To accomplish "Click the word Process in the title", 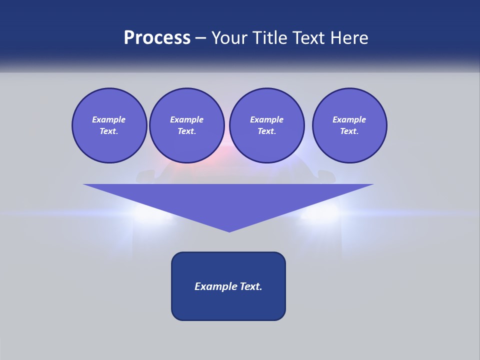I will [x=157, y=38].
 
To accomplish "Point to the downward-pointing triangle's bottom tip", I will [x=229, y=230].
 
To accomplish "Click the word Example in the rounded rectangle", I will [x=215, y=286].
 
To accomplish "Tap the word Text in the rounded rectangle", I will [x=250, y=286].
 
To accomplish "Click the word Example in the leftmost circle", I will [x=109, y=119].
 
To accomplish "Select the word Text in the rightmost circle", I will [x=349, y=131].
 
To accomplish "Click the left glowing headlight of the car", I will [x=150, y=212].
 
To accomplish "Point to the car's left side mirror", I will [x=144, y=175].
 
